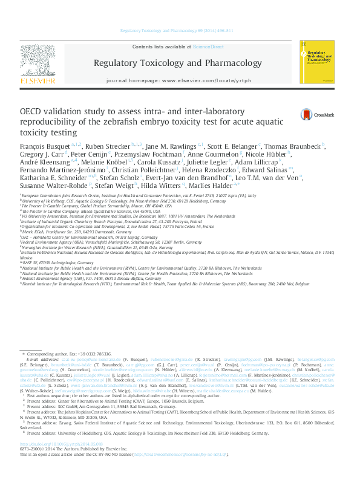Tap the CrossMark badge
pos(313,114)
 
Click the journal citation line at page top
pos(180,30)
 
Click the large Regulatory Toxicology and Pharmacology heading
pos(177,63)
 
